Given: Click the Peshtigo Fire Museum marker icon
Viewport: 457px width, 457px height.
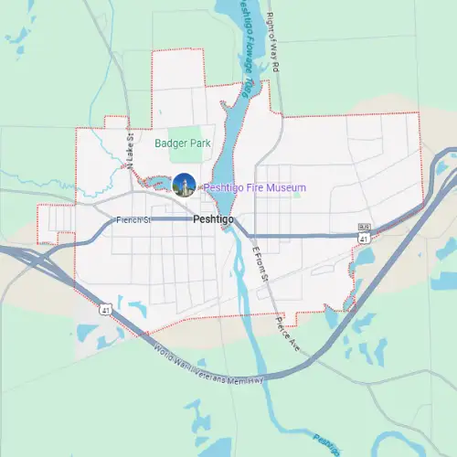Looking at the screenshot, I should click(184, 185).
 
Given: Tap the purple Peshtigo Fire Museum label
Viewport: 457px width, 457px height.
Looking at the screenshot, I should click(254, 187).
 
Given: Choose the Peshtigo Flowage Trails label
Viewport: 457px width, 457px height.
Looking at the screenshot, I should click(247, 46).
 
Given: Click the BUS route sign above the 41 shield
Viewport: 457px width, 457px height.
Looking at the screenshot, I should click(363, 226).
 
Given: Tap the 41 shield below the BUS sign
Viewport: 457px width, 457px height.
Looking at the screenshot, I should click(364, 239).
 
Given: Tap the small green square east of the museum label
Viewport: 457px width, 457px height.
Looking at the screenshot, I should click(297, 194).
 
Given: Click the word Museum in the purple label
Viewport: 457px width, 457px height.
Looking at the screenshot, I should click(286, 187).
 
